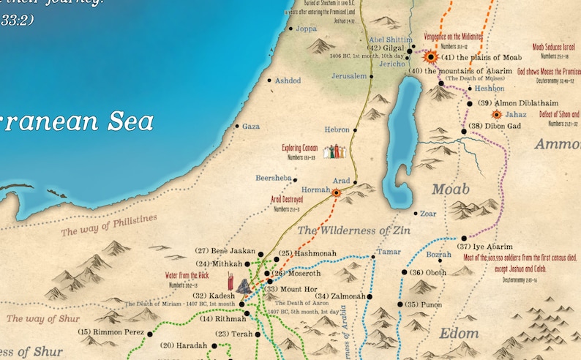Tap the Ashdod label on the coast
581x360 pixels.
(288, 80)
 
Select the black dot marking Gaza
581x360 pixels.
(237, 127)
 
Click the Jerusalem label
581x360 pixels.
(349, 76)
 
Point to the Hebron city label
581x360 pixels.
(337, 129)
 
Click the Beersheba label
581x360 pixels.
(274, 178)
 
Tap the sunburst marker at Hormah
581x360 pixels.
(337, 193)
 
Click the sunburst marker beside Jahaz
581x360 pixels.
(497, 115)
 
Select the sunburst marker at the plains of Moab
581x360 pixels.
(431, 56)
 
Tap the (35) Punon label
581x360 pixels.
(425, 304)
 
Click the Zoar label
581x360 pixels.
(430, 214)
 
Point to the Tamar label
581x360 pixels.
(388, 252)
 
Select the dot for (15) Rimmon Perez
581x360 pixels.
(150, 334)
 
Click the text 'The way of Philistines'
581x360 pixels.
(109, 225)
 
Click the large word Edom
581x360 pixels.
(459, 333)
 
